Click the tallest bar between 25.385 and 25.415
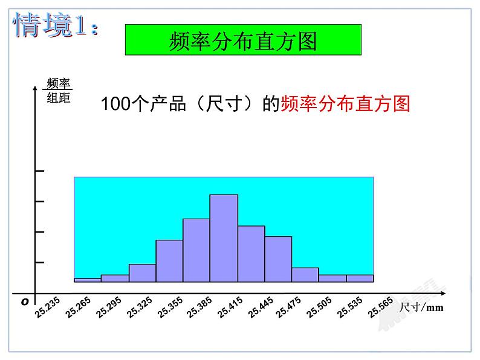click(224, 238)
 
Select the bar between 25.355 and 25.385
click(196, 250)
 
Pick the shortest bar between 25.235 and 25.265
click(87, 280)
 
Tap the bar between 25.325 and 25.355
click(169, 261)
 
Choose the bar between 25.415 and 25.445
click(251, 254)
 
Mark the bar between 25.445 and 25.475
click(278, 259)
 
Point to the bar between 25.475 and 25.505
click(305, 275)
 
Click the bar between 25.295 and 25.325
click(142, 273)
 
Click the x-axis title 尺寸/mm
click(421, 308)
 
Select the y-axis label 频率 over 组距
click(59, 91)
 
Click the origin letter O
click(25, 300)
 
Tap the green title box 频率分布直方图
click(242, 40)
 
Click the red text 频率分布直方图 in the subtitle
click(345, 104)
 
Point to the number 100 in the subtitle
click(113, 104)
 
